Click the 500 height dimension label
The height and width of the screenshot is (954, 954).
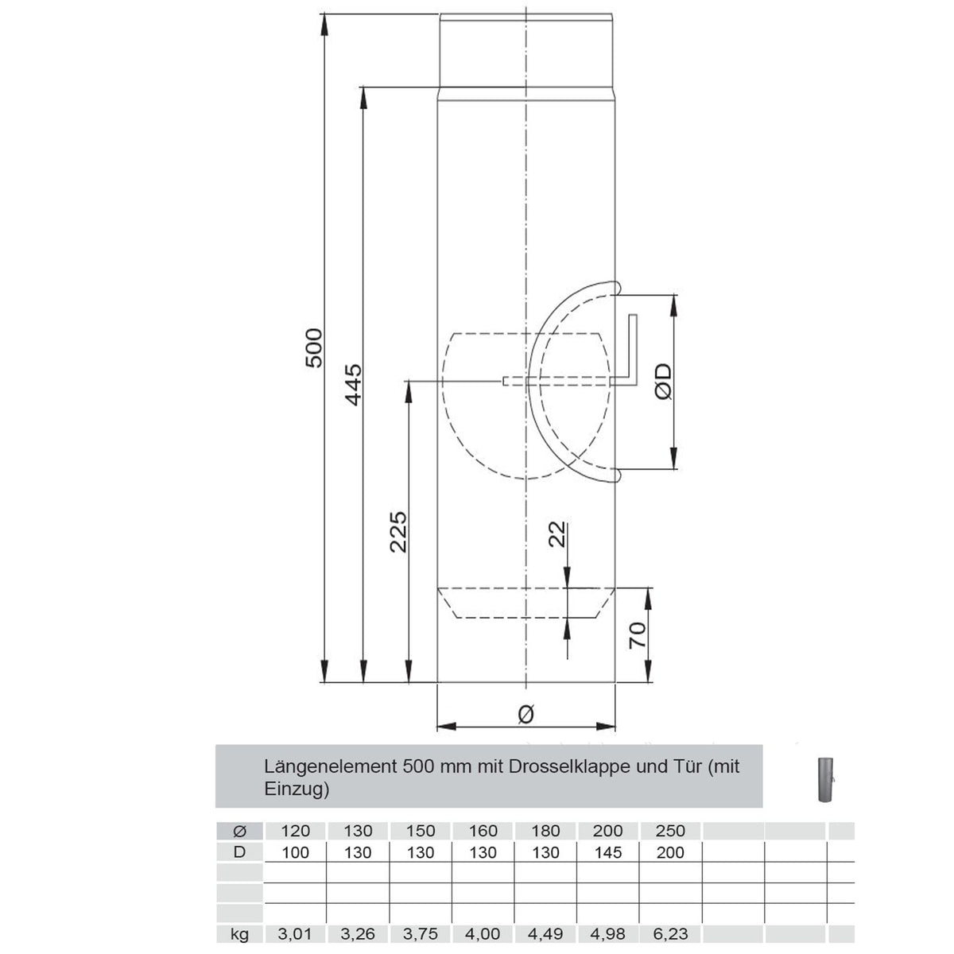point(315,347)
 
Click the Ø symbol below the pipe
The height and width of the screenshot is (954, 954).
point(525,714)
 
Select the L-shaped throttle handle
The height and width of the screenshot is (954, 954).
point(633,350)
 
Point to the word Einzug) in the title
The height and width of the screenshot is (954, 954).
point(296,789)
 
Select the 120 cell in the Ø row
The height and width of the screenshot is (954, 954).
point(295,832)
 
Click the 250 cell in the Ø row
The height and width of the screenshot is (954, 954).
point(671,832)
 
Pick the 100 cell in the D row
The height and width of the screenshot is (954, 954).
point(295,853)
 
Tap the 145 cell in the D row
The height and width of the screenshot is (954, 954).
point(608,853)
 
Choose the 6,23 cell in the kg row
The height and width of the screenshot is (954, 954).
point(671,936)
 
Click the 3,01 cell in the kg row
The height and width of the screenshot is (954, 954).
point(295,936)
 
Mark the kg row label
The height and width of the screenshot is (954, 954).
point(239,936)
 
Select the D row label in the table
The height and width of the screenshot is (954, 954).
point(239,853)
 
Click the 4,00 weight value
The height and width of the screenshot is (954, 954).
point(483,936)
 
